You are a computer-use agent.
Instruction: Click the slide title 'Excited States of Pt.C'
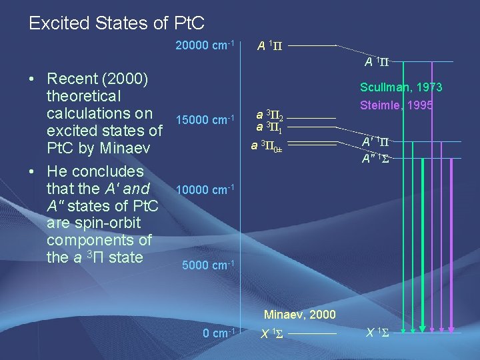(117, 23)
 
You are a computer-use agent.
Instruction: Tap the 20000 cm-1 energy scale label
(204, 45)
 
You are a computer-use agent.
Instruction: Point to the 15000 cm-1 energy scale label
(204, 119)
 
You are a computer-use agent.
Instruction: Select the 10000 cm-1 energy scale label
(204, 190)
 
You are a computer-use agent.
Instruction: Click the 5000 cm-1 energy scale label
(207, 265)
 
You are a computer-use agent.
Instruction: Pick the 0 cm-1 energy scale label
(219, 332)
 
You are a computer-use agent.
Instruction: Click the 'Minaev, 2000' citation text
(299, 314)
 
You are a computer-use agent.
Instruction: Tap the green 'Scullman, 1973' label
(401, 87)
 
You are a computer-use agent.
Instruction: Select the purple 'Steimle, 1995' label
(396, 105)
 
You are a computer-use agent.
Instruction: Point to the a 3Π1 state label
(272, 127)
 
